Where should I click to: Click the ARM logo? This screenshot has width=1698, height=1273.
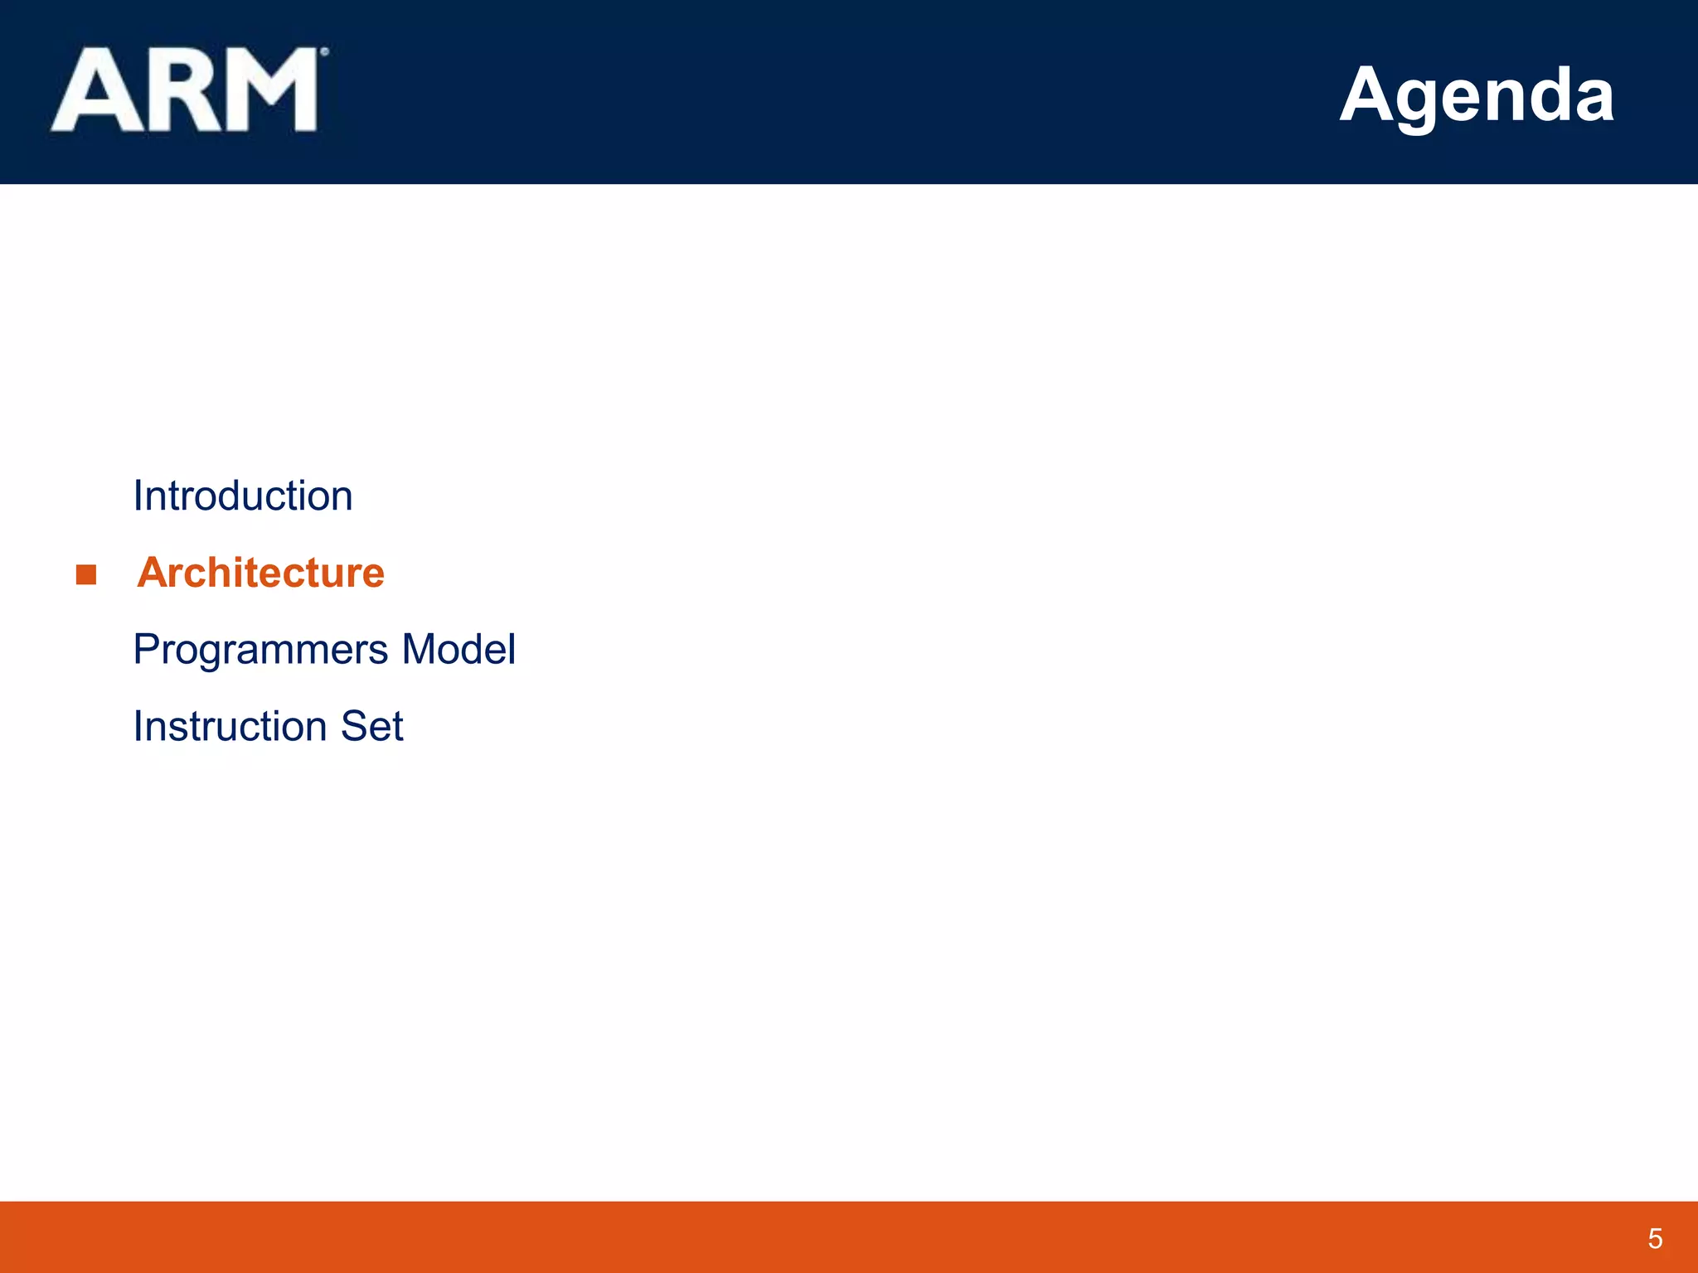(186, 90)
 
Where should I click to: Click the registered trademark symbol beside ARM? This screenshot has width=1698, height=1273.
(324, 52)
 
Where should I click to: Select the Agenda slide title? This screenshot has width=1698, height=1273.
(1477, 95)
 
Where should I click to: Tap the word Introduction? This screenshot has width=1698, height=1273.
(243, 496)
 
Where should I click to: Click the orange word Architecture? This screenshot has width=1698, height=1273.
(261, 573)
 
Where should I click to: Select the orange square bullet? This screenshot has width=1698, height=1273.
(86, 574)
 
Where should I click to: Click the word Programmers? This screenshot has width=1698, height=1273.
(260, 650)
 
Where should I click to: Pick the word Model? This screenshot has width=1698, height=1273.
(458, 649)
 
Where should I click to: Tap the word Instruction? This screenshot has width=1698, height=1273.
(230, 726)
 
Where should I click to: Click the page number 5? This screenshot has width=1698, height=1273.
(1655, 1238)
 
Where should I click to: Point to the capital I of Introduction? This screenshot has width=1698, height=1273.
(138, 496)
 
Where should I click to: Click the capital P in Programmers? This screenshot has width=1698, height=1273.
(147, 649)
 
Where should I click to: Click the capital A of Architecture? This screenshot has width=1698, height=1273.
(154, 573)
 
